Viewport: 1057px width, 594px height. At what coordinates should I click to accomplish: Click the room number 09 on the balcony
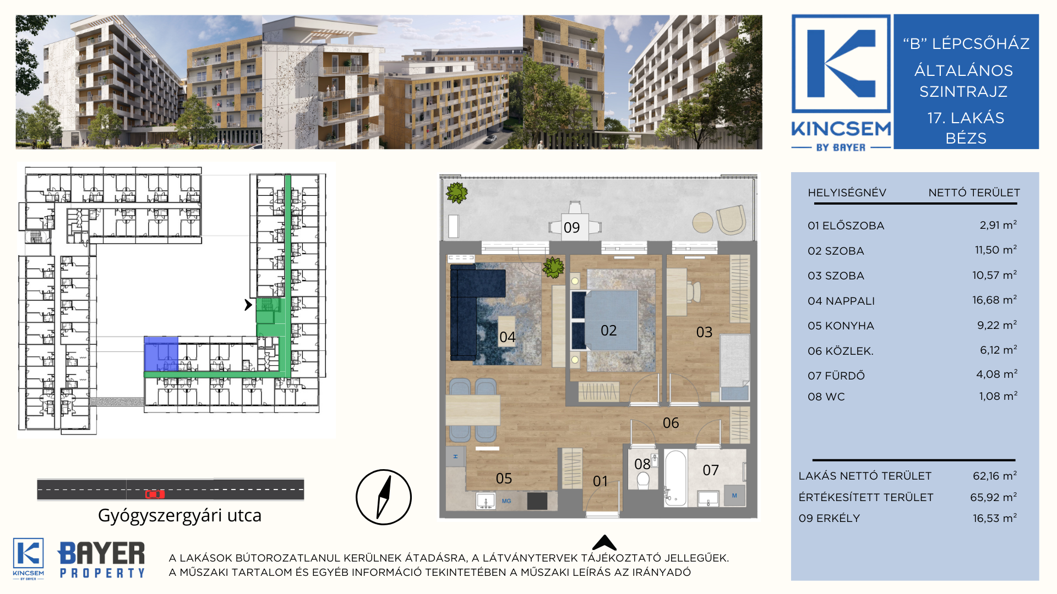click(x=571, y=228)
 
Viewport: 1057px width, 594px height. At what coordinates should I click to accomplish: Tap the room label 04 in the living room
click(x=507, y=337)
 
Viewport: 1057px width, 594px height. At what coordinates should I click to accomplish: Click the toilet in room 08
click(x=642, y=479)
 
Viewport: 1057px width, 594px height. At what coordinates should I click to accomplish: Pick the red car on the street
click(x=155, y=494)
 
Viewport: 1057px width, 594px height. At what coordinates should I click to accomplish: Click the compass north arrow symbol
click(x=384, y=497)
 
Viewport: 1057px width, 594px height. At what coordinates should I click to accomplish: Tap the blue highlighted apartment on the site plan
click(x=161, y=354)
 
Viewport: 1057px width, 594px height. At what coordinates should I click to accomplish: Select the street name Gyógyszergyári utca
click(x=179, y=515)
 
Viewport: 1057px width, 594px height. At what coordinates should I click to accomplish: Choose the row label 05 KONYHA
click(x=841, y=326)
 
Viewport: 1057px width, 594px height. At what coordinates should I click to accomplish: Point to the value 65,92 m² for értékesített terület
click(x=993, y=497)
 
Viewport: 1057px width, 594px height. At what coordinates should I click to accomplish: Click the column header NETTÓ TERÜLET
click(x=974, y=193)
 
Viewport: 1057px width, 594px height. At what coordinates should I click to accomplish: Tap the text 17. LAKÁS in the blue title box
click(x=966, y=118)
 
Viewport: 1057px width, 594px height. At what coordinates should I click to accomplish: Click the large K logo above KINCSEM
click(x=841, y=64)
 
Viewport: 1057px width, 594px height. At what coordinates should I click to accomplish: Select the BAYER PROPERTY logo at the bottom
click(x=101, y=559)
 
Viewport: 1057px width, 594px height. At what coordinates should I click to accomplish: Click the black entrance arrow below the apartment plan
click(x=604, y=542)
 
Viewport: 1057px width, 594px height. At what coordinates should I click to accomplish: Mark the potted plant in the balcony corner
click(x=456, y=193)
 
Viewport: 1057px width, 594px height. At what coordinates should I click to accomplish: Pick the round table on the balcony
click(x=702, y=223)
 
